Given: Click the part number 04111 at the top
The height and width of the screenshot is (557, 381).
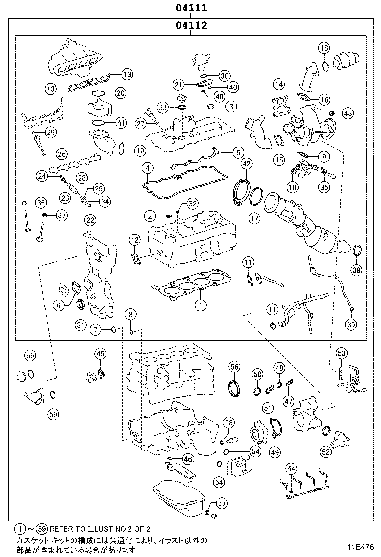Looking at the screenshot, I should click(191, 9).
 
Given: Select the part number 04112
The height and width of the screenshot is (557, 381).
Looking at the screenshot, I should click(191, 25).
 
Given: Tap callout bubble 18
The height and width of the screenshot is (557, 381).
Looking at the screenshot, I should click(324, 49).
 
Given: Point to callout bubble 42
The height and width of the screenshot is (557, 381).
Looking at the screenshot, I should click(246, 164).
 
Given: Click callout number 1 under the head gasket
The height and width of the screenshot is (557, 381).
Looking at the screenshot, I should click(200, 304).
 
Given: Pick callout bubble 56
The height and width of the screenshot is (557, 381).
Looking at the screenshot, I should click(234, 367).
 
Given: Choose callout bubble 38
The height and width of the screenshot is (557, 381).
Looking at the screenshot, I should click(356, 270).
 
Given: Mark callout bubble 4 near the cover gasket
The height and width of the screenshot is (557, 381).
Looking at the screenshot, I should click(146, 168).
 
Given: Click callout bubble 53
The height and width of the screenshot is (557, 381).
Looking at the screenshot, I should click(341, 353).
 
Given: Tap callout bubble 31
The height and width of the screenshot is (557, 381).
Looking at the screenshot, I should click(81, 325).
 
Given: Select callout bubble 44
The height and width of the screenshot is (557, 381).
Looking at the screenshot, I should click(292, 469).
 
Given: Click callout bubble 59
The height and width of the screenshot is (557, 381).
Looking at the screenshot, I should click(53, 414).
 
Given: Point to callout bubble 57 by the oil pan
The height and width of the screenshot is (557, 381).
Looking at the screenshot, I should click(222, 503).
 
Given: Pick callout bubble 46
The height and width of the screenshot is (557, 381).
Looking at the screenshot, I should click(187, 459).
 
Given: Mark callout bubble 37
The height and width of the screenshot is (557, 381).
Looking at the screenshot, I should click(61, 216).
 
